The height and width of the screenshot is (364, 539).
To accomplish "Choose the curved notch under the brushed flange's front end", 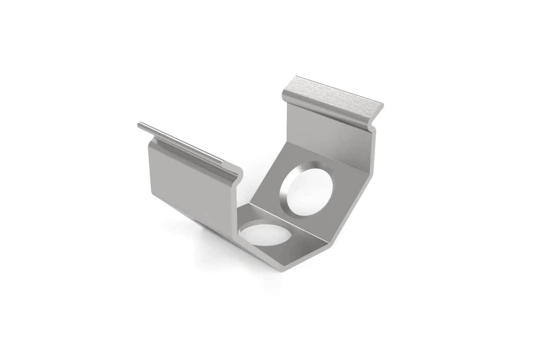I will [x=371, y=124].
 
